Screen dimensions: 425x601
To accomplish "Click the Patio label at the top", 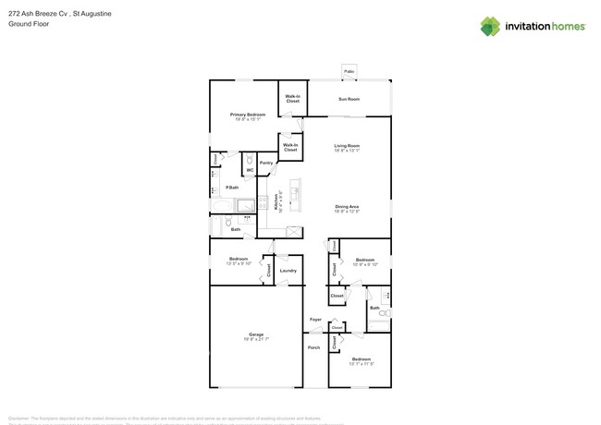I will (x=350, y=71).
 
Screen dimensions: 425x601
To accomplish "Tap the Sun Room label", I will (x=349, y=99).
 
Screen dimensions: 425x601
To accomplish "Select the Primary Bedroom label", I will (x=248, y=115).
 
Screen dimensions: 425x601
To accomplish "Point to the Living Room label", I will (x=347, y=145).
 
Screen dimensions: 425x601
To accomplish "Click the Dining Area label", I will (x=347, y=206).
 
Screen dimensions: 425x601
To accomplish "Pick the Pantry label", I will (x=266, y=163).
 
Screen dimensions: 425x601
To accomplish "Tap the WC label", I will (x=250, y=170).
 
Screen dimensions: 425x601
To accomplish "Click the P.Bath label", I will (x=232, y=188).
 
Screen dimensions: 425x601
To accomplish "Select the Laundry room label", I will (x=288, y=271).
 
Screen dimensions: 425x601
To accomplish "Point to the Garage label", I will (x=256, y=334).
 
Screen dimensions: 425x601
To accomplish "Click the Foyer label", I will (x=315, y=320).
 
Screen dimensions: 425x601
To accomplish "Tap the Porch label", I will (x=313, y=347).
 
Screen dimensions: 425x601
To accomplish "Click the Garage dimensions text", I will (x=256, y=339).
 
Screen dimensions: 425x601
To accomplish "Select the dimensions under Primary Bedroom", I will (x=248, y=119).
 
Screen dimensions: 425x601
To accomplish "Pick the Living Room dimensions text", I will (x=347, y=150).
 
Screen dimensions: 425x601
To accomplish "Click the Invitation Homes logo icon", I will (x=489, y=26).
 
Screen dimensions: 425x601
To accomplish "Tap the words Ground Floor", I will (x=28, y=24).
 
